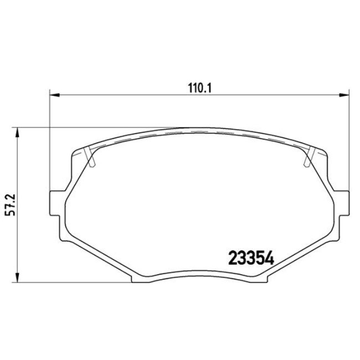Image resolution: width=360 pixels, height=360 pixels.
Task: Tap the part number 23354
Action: [x=252, y=259]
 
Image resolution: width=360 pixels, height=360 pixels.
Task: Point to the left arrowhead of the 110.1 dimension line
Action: [x=54, y=95]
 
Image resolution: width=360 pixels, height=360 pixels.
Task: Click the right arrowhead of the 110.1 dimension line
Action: [x=346, y=95]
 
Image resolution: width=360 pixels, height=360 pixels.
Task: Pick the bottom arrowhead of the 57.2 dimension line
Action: [x=18, y=279]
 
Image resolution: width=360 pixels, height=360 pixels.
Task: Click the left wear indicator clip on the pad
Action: [x=91, y=157]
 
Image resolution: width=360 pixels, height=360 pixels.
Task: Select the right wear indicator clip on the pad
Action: [x=310, y=157]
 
